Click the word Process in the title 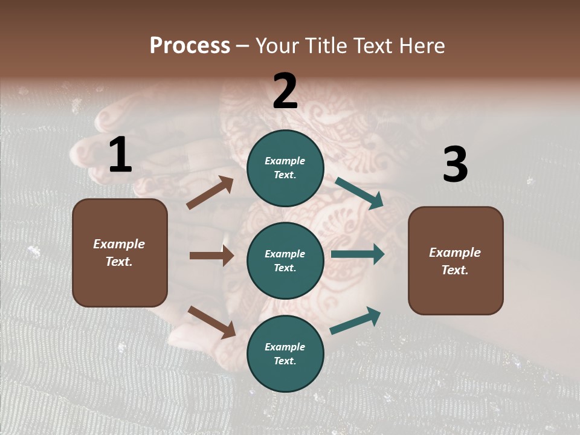pos(190,46)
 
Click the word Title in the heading pos(326,46)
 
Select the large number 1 pos(120,155)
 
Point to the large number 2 pos(285,91)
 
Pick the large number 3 pos(455,165)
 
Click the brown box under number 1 pos(120,253)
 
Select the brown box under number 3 pos(456,260)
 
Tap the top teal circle pos(285,168)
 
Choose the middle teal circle pos(285,260)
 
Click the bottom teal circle pos(285,353)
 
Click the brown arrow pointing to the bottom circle pos(211,321)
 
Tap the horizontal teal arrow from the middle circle pos(358,254)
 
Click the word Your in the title pos(277,46)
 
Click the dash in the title pos(243,46)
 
